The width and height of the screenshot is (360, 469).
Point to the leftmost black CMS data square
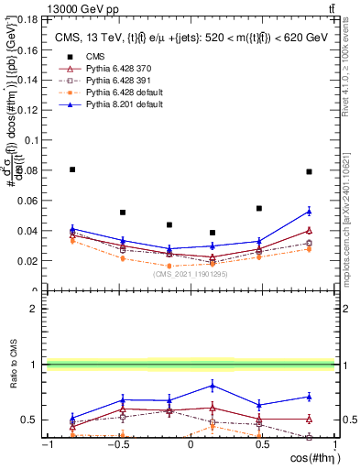click(73, 169)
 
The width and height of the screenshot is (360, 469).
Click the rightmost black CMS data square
click(309, 171)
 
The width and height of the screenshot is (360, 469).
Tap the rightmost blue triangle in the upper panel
click(309, 212)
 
